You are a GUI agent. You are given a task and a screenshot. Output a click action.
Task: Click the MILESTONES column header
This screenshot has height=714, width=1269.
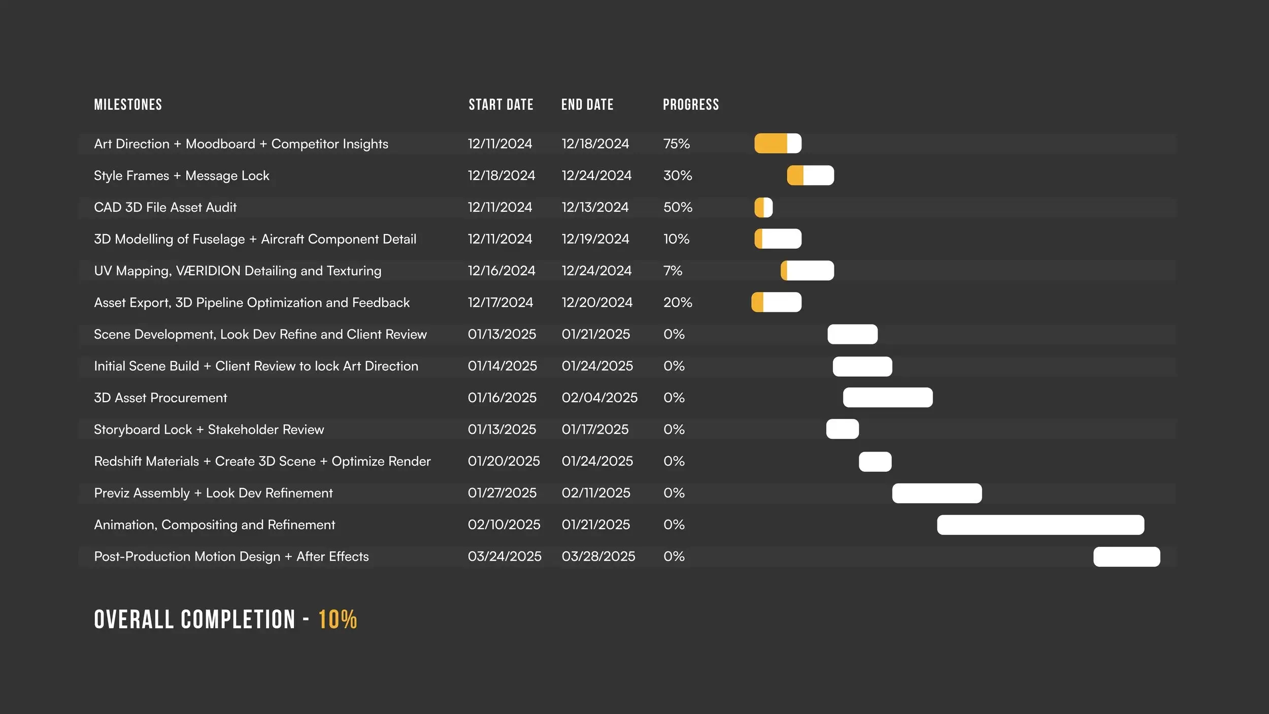tap(128, 105)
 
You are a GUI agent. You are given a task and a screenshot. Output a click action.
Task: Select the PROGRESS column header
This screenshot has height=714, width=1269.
tap(690, 105)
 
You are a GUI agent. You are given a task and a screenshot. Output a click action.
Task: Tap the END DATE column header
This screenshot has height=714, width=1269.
tap(587, 105)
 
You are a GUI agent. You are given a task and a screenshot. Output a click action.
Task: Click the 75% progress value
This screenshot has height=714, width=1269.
tap(676, 144)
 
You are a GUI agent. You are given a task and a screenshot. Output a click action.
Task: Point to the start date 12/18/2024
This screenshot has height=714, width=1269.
tap(501, 176)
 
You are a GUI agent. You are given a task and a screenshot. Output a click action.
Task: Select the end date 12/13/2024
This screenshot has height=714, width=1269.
tap(595, 207)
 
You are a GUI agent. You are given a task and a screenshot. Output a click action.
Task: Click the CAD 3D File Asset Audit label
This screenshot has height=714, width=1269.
tap(165, 207)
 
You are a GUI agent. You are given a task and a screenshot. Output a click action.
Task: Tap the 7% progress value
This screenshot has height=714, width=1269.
tap(673, 271)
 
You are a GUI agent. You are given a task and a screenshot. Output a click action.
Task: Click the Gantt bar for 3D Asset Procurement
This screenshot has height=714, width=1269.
tap(887, 398)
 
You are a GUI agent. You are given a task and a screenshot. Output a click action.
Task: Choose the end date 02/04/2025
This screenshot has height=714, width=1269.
tap(599, 398)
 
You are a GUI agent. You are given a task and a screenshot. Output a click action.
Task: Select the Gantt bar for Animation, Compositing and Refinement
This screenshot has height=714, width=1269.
tap(1040, 525)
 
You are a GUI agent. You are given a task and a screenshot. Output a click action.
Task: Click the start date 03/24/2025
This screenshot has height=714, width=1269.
tap(504, 557)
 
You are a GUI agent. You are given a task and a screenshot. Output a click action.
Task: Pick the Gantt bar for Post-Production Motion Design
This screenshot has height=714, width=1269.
tap(1126, 557)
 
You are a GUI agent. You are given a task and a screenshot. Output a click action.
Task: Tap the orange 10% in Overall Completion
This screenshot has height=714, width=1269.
tap(338, 620)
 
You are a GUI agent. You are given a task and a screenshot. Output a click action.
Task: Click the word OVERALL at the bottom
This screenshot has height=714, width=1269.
tap(134, 620)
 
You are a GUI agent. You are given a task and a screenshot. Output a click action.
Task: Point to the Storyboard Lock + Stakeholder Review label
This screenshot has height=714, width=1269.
tap(209, 430)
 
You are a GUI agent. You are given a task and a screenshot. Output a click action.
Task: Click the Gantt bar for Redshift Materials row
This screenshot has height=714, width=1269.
tap(875, 461)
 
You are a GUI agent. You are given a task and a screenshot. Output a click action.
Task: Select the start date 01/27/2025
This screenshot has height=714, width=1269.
tap(502, 493)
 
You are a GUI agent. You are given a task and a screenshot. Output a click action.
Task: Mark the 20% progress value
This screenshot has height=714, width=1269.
tap(677, 303)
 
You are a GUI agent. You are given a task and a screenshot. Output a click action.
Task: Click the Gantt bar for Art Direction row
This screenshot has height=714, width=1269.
tap(778, 144)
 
